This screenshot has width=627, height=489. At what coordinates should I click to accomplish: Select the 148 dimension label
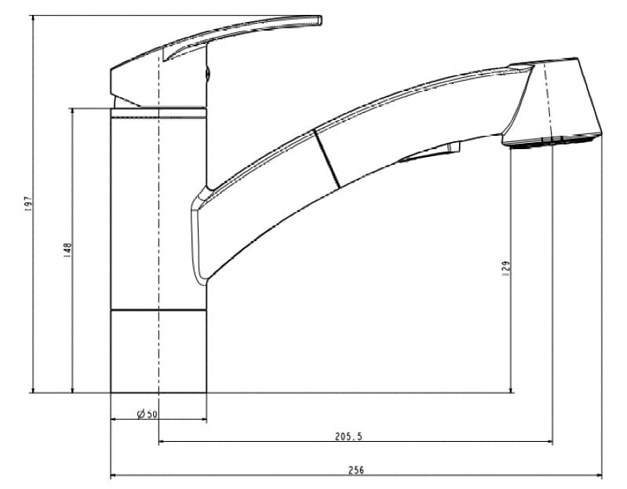(67, 249)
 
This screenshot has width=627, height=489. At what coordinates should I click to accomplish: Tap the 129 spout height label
(506, 267)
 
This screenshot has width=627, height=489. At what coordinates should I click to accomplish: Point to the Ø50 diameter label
(148, 414)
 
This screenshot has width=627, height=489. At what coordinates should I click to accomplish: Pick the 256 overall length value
(355, 470)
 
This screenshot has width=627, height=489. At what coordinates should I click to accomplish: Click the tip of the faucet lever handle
(319, 19)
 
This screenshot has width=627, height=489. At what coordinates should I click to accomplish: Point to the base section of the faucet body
(159, 350)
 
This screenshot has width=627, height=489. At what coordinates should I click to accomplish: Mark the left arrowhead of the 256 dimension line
(114, 476)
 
